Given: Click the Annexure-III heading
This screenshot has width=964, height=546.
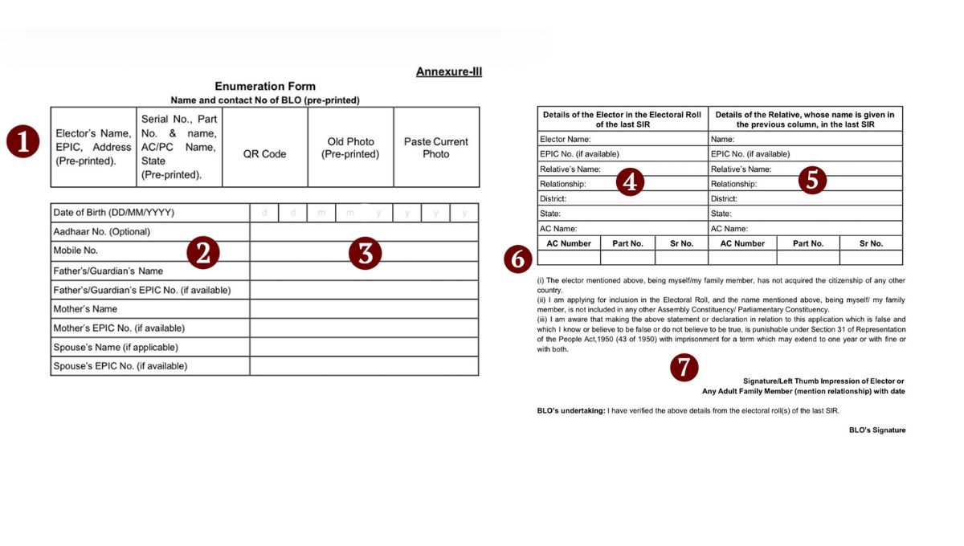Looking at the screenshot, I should click(x=448, y=72).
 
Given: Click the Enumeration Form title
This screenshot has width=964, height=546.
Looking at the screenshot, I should click(x=265, y=87).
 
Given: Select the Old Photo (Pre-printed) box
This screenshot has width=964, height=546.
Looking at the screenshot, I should click(x=350, y=148).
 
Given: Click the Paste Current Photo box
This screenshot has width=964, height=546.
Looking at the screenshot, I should click(x=435, y=148).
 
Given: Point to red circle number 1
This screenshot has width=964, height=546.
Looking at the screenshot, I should click(x=22, y=142).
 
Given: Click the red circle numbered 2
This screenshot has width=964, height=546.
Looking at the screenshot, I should click(x=203, y=253).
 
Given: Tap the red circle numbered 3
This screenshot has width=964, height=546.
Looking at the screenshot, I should click(x=365, y=253).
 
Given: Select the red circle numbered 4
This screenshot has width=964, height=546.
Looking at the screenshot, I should click(x=630, y=182).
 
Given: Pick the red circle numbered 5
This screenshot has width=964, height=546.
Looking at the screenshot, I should click(x=812, y=181).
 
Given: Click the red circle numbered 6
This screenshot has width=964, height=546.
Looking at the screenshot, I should click(x=518, y=259).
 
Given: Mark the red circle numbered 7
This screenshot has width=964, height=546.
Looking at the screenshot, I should click(x=683, y=368).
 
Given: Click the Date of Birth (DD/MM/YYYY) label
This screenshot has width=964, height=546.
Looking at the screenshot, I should click(x=113, y=213).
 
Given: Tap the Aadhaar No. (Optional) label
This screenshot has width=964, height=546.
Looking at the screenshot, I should click(x=101, y=232).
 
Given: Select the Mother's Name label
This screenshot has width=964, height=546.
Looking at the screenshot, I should click(x=85, y=309).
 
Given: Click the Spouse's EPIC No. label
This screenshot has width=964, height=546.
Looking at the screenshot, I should click(x=120, y=366).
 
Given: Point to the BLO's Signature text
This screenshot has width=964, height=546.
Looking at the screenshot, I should click(x=876, y=430).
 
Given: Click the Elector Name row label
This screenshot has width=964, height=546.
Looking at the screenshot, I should click(x=566, y=139).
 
